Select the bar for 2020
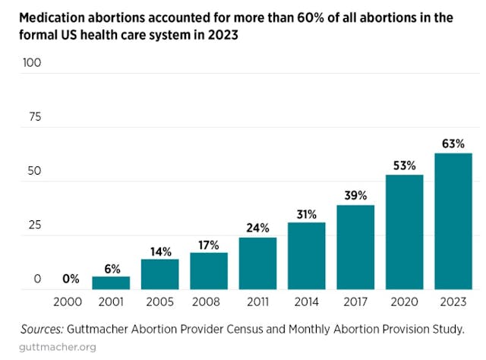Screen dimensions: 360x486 (404, 232)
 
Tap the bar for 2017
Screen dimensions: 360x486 (355, 247)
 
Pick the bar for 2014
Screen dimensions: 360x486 (306, 255)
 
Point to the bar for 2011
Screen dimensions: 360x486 (257, 263)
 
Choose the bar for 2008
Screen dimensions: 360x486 (209, 270)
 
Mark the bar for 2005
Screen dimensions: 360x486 (159, 273)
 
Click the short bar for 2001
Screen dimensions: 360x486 (111, 283)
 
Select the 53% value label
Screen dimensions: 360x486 (404, 164)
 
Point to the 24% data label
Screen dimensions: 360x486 (257, 226)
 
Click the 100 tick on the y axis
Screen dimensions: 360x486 (31, 62)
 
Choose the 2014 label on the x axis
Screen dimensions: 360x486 (306, 302)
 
